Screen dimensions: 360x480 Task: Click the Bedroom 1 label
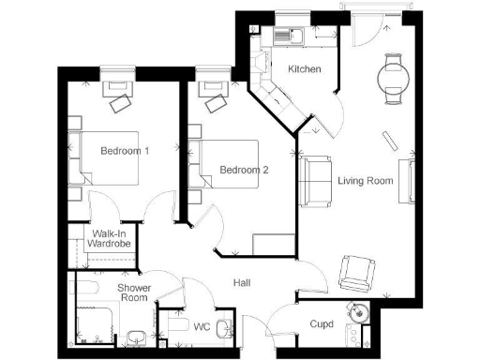[x=127, y=151]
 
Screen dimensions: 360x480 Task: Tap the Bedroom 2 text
[x=245, y=170]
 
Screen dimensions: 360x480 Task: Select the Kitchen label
[x=305, y=70]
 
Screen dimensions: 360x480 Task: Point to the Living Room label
[x=365, y=180]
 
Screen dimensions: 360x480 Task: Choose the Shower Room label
[x=134, y=292]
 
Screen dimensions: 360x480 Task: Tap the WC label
[x=200, y=328]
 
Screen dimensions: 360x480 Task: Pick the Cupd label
[x=322, y=324]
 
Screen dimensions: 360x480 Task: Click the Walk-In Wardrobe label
[x=109, y=239]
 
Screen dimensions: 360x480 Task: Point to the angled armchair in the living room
[x=356, y=272]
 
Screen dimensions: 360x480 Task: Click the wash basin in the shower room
[x=137, y=335]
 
